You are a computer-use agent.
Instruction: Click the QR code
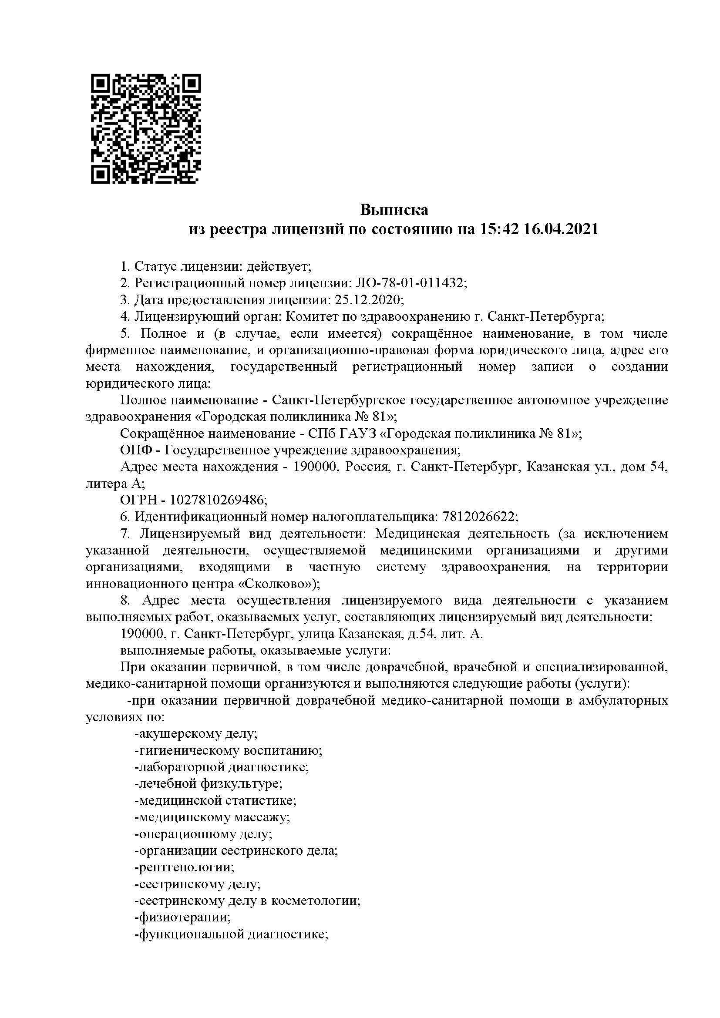[146, 129]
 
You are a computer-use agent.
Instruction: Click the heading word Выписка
[394, 209]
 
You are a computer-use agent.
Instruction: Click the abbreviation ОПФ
[136, 450]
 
